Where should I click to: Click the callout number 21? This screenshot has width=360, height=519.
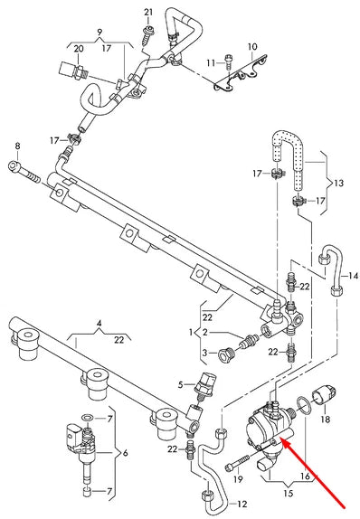click(x=148, y=13)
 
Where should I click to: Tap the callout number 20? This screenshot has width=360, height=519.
click(x=79, y=49)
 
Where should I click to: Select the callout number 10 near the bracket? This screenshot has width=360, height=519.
click(x=252, y=47)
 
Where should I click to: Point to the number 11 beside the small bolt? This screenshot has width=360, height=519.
click(x=211, y=62)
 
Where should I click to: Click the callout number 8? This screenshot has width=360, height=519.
click(x=17, y=146)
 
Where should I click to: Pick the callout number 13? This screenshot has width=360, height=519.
click(x=338, y=183)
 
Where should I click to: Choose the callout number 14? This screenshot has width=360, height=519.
click(x=354, y=276)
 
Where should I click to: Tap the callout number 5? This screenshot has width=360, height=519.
click(x=181, y=384)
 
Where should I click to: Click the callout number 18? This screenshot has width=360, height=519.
click(x=326, y=420)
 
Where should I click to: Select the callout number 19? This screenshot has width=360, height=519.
click(x=238, y=479)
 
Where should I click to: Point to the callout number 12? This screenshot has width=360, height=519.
click(x=242, y=505)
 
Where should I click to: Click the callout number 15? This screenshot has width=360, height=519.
click(x=289, y=494)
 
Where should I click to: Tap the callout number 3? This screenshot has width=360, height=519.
click(x=205, y=353)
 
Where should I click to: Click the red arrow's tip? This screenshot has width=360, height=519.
click(x=281, y=438)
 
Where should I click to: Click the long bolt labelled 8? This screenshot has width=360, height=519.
click(x=24, y=172)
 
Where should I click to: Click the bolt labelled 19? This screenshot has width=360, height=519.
click(x=237, y=462)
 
